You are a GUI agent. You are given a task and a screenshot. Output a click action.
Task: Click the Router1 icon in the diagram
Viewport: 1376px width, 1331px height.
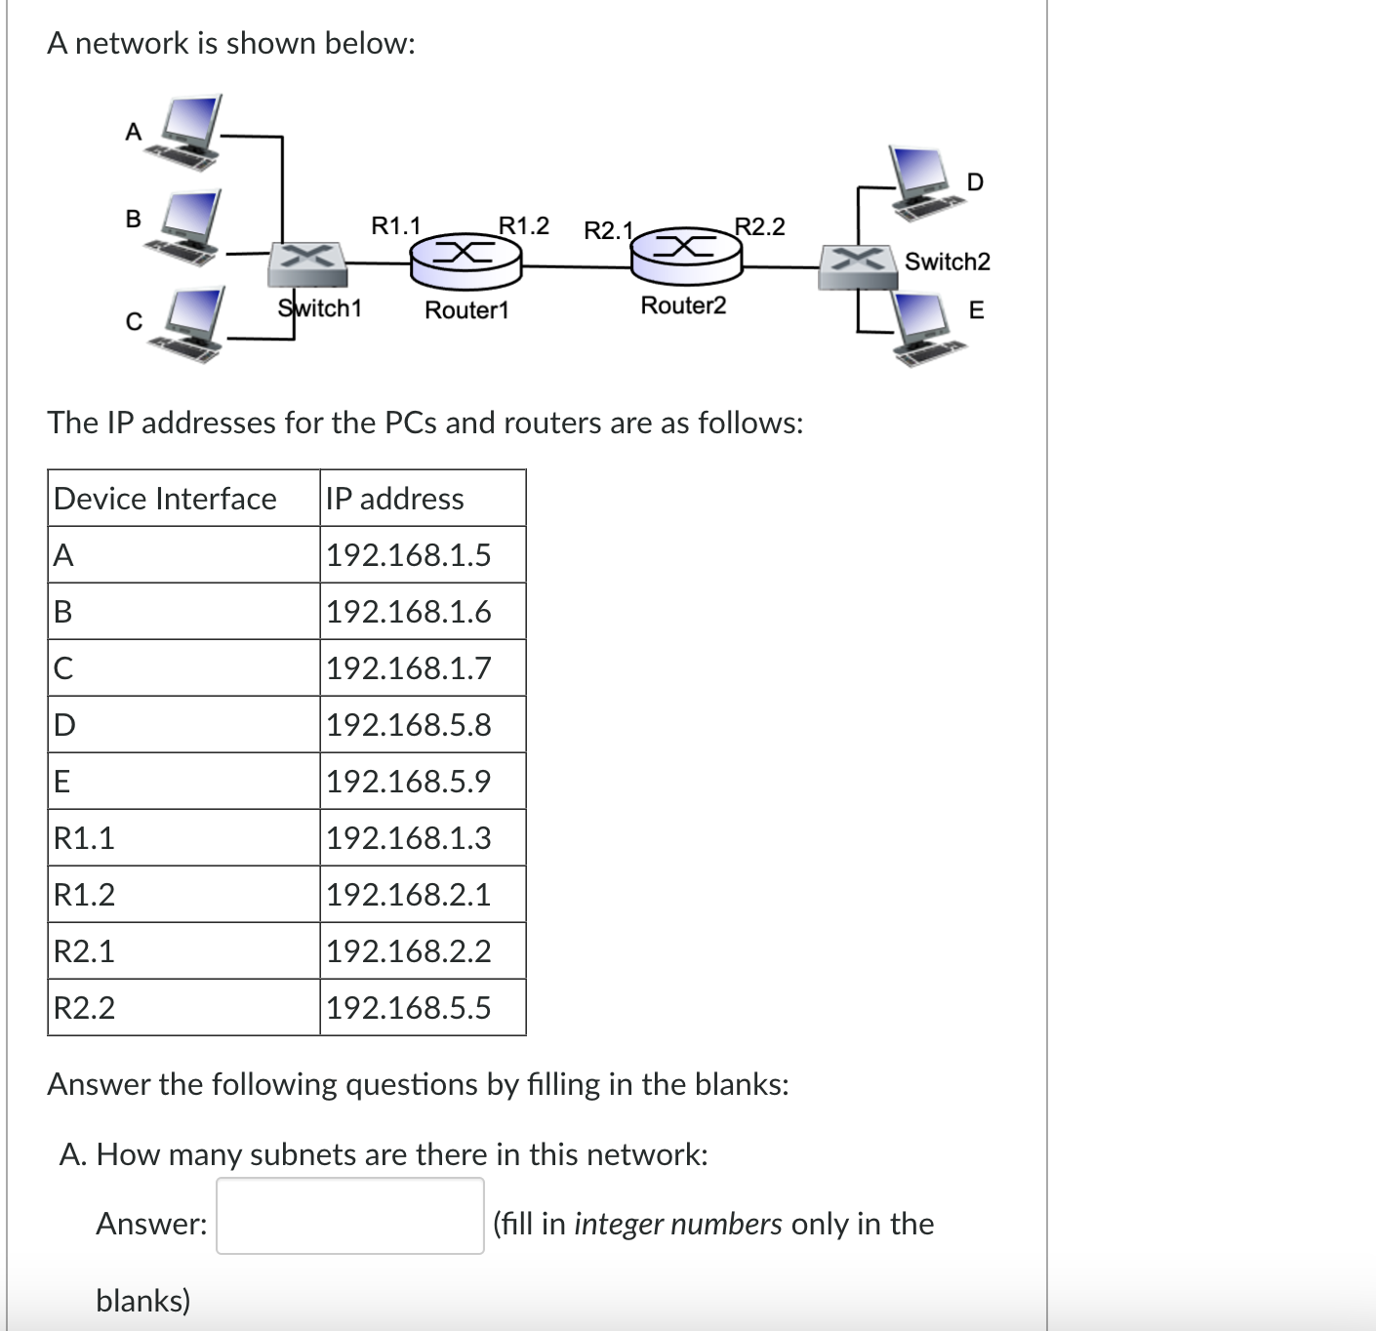pyautogui.click(x=465, y=258)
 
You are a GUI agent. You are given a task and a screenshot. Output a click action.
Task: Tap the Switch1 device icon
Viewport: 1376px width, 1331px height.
pyautogui.click(x=307, y=260)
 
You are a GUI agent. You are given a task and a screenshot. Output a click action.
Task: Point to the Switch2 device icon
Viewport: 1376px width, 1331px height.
pyautogui.click(x=858, y=265)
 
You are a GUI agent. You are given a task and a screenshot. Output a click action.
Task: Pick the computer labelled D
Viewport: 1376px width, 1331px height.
pyautogui.click(x=922, y=181)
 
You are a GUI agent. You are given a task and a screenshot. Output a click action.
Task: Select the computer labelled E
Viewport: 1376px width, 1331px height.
pyautogui.click(x=921, y=327)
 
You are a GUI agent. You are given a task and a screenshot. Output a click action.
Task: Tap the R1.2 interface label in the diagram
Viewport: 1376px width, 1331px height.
pyautogui.click(x=524, y=225)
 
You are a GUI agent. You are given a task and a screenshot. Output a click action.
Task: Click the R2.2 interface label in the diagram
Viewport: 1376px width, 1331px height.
pyautogui.click(x=759, y=226)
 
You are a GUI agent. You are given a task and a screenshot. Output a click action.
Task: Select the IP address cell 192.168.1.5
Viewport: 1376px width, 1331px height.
pyautogui.click(x=409, y=555)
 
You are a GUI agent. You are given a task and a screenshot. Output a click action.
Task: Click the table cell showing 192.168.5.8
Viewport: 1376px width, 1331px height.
pyautogui.click(x=409, y=725)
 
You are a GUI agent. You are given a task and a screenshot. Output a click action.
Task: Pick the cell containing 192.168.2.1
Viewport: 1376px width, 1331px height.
pyautogui.click(x=409, y=895)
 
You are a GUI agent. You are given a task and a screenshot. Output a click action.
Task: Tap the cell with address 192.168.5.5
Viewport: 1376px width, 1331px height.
pyautogui.click(x=409, y=1008)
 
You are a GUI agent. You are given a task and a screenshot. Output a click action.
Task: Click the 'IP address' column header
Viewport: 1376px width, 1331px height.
pyautogui.click(x=395, y=499)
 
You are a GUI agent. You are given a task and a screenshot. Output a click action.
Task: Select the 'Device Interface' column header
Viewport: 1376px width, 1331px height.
pyautogui.click(x=165, y=499)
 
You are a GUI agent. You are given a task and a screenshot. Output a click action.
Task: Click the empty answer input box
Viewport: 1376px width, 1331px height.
pyautogui.click(x=349, y=1216)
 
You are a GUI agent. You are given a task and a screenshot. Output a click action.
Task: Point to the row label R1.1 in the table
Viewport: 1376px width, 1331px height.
pyautogui.click(x=84, y=838)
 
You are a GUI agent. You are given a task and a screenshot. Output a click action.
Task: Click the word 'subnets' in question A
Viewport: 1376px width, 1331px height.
pyautogui.click(x=303, y=1154)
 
